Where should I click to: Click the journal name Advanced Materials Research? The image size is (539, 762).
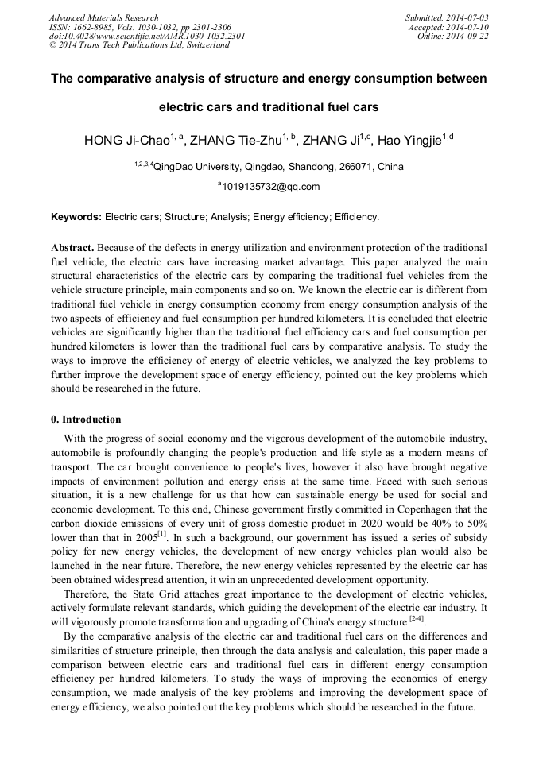103,17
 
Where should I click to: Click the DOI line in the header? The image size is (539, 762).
147,36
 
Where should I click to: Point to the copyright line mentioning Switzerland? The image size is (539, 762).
139,45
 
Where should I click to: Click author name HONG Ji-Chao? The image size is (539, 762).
127,141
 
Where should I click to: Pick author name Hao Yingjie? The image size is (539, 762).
409,141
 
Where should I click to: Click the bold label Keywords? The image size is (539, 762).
76,216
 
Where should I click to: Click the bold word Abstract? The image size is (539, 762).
72,248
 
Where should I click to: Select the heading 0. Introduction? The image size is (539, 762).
86,420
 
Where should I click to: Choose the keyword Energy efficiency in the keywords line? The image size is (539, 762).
294,216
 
